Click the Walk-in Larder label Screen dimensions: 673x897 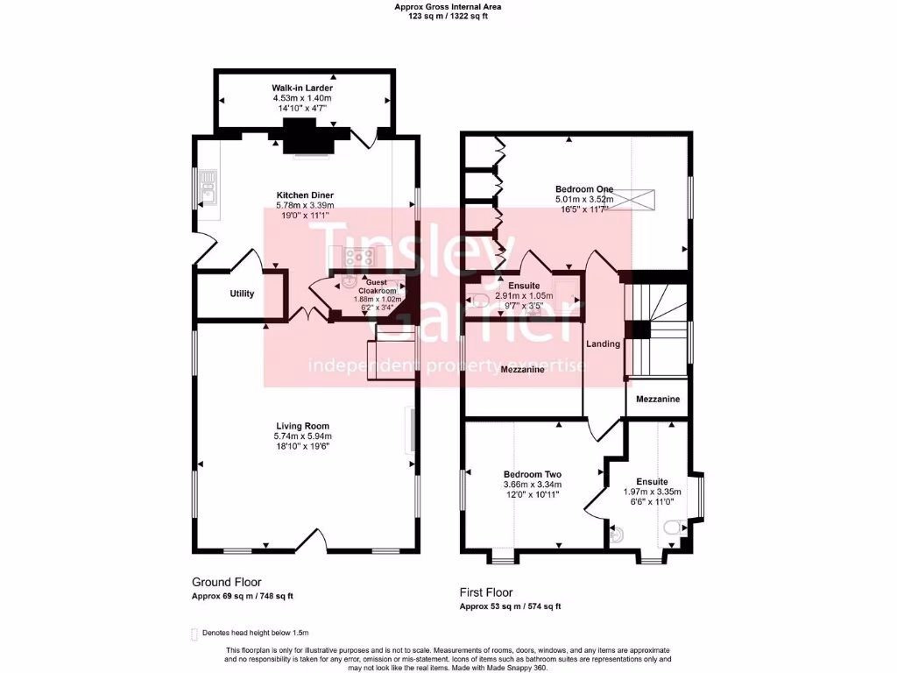(x=302, y=89)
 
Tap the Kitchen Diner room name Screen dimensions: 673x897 (x=305, y=195)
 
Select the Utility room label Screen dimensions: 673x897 (x=242, y=294)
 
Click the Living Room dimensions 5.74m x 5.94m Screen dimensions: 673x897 (x=303, y=436)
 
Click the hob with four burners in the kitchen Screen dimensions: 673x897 (x=360, y=258)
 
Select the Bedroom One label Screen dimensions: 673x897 (x=584, y=188)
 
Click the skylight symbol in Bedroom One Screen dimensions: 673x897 (x=646, y=200)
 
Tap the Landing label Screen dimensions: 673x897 (x=604, y=344)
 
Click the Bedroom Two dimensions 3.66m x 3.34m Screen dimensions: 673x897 (x=532, y=485)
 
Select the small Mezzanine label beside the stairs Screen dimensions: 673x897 (x=657, y=400)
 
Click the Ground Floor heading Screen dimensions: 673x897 (x=226, y=582)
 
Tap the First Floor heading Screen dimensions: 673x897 (x=486, y=592)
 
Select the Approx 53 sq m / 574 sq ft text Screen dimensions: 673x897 (x=511, y=606)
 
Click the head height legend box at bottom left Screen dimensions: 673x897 (x=194, y=633)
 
